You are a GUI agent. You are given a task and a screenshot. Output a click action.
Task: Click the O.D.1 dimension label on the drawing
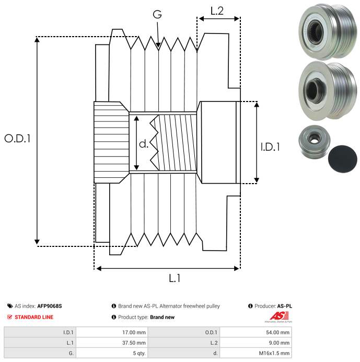(x=18, y=139)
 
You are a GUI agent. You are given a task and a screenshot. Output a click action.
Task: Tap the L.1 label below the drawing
(x=174, y=279)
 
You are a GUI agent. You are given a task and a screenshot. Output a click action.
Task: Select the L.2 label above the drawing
(x=217, y=10)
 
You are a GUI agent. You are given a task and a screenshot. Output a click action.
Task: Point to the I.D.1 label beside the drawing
(x=270, y=148)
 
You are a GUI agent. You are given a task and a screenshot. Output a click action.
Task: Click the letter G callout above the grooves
(x=157, y=15)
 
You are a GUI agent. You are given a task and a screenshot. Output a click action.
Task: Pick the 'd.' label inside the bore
(x=144, y=144)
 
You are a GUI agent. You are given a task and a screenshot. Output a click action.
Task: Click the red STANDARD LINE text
(x=34, y=317)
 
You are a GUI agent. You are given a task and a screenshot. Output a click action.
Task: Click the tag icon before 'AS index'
(x=10, y=306)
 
